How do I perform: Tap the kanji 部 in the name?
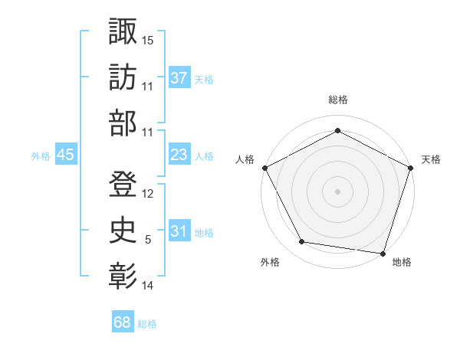pyautogui.click(x=123, y=123)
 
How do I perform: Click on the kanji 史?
pyautogui.click(x=123, y=228)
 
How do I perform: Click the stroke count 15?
pyautogui.click(x=148, y=40)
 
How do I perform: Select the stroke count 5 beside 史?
pyautogui.click(x=148, y=240)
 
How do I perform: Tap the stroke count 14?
pyautogui.click(x=148, y=286)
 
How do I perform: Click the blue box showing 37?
pyautogui.click(x=179, y=77)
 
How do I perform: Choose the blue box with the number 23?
pyautogui.click(x=179, y=155)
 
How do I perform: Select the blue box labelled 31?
pyautogui.click(x=179, y=231)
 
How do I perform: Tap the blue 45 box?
pyautogui.click(x=65, y=155)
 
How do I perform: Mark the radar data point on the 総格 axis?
pyautogui.click(x=337, y=131)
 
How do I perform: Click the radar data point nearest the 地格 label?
pyautogui.click(x=383, y=253)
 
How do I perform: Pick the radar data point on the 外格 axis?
pyautogui.click(x=302, y=242)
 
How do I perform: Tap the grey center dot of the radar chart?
pyautogui.click(x=337, y=191)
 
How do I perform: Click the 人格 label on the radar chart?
pyautogui.click(x=245, y=159)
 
